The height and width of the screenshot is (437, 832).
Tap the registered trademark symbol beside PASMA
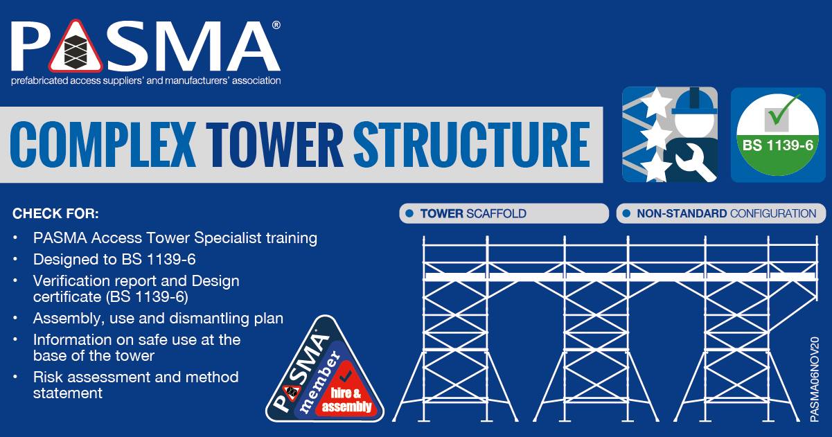pyautogui.click(x=276, y=25)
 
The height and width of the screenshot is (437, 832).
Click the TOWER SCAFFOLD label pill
pyautogui.click(x=504, y=213)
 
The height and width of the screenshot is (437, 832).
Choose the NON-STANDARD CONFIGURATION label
pyautogui.click(x=721, y=213)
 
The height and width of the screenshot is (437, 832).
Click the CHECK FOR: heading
pyautogui.click(x=55, y=213)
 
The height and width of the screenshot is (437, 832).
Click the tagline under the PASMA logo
pyautogui.click(x=145, y=80)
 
